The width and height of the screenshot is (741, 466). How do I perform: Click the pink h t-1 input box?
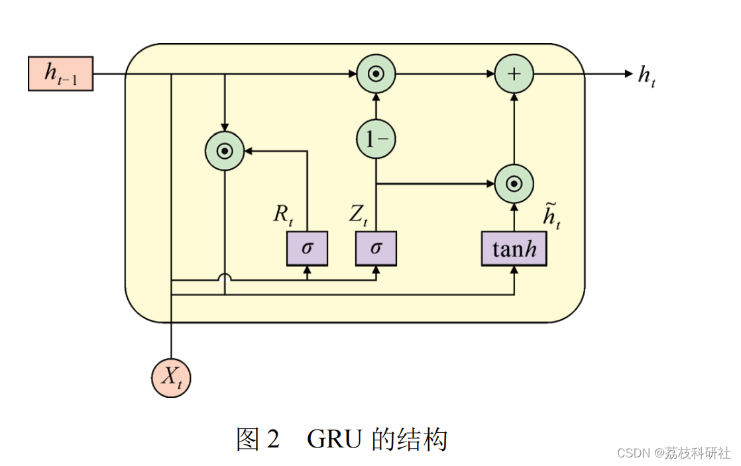point(60,73)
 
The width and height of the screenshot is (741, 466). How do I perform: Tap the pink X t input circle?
point(171,377)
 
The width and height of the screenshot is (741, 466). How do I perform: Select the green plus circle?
point(514,73)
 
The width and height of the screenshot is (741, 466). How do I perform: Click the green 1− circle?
point(376,139)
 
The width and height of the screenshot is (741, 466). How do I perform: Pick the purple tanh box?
point(514,248)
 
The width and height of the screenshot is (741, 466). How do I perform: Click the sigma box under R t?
point(307,248)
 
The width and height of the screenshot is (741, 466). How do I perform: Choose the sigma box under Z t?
point(376,248)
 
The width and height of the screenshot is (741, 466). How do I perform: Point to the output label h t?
point(647,75)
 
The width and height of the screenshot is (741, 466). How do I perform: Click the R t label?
point(283,214)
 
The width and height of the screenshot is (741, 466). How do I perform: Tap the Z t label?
point(359,214)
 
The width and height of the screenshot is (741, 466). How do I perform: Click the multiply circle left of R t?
point(225,151)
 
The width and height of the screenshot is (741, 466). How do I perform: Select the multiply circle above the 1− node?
point(376,73)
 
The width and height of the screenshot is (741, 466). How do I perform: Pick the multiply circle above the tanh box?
point(514,183)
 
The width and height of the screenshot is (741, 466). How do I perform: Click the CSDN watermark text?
point(633,453)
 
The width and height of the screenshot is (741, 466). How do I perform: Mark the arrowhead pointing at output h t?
point(629,73)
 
